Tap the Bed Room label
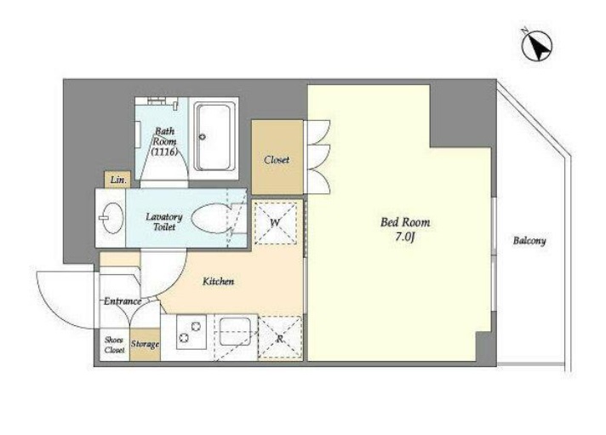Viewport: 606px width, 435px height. [x=405, y=222]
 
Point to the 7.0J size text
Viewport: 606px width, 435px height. [x=404, y=237]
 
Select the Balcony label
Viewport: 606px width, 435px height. [x=529, y=241]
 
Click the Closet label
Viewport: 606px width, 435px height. [x=277, y=160]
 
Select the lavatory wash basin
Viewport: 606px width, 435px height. [x=113, y=218]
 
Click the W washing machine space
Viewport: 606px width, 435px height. [x=276, y=223]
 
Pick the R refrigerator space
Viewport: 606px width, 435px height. [x=280, y=338]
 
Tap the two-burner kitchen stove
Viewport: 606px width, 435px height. [x=191, y=332]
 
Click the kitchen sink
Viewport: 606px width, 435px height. [x=235, y=331]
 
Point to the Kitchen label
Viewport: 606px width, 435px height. [x=219, y=282]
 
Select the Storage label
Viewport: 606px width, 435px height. [x=145, y=344]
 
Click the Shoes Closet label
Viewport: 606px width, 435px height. [x=114, y=345]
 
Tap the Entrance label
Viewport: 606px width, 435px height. [x=123, y=301]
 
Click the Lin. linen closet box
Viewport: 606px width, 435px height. [x=117, y=180]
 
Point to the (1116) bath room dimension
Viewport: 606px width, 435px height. [x=164, y=152]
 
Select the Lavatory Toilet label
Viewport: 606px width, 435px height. [x=164, y=222]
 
